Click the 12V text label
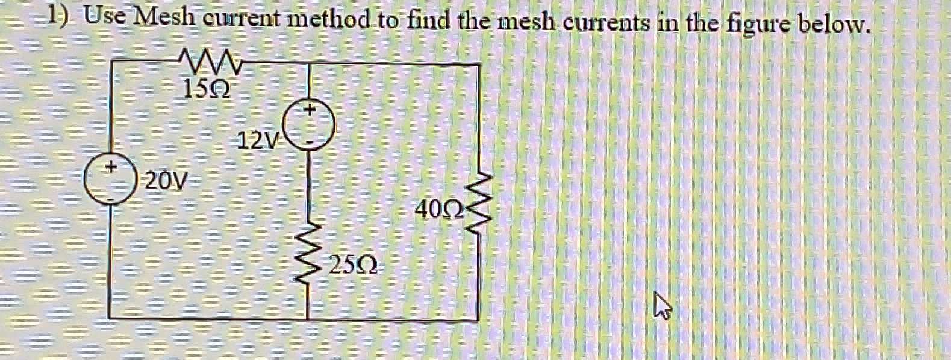point(258,141)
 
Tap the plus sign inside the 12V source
point(310,110)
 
